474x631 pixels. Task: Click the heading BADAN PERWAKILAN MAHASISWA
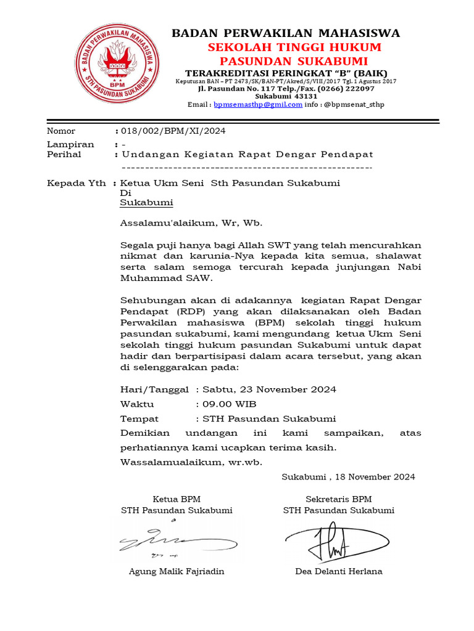(x=285, y=33)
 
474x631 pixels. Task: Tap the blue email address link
(x=258, y=105)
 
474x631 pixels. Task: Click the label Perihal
(x=64, y=154)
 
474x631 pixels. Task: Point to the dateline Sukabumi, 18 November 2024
(x=348, y=477)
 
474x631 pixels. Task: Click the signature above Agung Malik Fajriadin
(x=157, y=539)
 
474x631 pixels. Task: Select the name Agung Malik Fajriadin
(x=177, y=571)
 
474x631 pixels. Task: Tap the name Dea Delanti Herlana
(x=339, y=571)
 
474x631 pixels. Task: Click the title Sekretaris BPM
(x=339, y=499)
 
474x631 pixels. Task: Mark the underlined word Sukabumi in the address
(x=146, y=202)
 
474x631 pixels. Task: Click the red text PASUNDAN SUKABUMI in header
(x=294, y=61)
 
